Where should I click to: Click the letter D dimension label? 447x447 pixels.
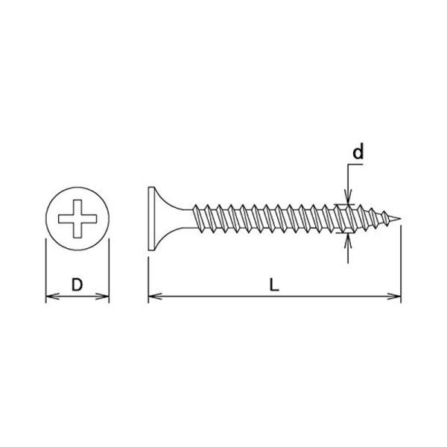77,285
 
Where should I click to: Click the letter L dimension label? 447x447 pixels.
274,285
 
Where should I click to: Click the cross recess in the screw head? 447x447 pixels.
77,218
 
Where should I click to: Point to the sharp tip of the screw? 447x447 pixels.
400,218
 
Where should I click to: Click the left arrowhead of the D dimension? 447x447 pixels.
52,297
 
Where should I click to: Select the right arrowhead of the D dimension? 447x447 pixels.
102,297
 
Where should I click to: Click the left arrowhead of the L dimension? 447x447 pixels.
156,297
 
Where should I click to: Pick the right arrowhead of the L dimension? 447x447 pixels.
394,297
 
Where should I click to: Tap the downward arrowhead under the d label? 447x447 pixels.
348,197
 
